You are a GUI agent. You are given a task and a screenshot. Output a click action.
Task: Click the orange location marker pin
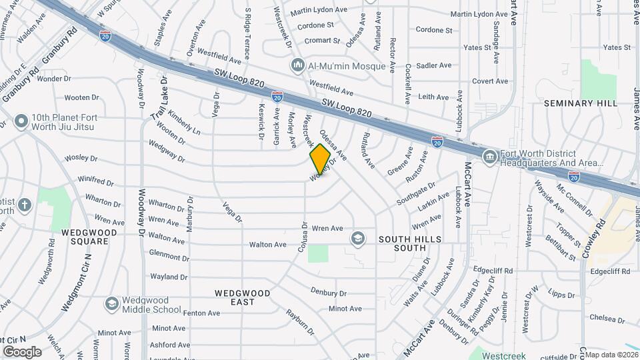(320, 159)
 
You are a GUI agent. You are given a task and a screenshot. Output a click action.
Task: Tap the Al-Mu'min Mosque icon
(297, 65)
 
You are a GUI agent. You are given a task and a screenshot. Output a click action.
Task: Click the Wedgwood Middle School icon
(112, 304)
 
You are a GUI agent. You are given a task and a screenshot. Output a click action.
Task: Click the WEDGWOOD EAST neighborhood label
(242, 297)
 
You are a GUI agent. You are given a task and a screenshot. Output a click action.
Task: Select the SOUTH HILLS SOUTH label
(402, 243)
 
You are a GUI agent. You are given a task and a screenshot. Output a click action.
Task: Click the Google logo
(22, 351)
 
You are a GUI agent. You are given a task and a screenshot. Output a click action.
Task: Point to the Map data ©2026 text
(611, 355)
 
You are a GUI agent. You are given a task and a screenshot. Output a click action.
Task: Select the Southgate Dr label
(416, 194)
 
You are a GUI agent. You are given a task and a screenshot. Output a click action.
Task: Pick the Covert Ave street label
(490, 81)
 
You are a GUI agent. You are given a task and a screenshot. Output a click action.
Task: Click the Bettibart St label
(560, 248)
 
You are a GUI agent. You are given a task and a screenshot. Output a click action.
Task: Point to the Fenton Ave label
(201, 313)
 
